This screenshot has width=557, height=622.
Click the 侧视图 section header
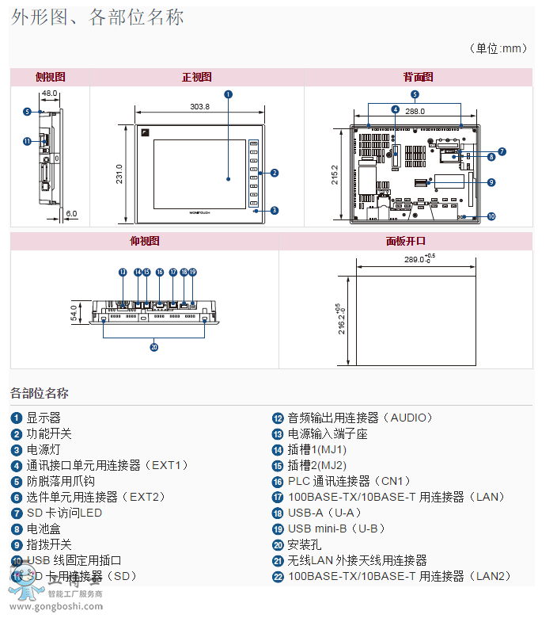click(x=50, y=77)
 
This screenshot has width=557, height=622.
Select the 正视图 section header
click(x=196, y=77)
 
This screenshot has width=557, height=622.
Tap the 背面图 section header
click(x=418, y=77)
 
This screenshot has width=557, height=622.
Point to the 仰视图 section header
click(x=144, y=241)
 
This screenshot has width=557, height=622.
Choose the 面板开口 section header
click(x=405, y=241)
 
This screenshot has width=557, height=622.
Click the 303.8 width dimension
click(x=199, y=107)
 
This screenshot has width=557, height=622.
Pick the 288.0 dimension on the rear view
click(x=415, y=112)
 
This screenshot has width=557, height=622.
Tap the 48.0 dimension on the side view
click(x=49, y=93)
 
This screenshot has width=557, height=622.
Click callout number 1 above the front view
click(x=228, y=93)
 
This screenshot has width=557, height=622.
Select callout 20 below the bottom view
click(x=154, y=345)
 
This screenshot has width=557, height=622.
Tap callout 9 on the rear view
click(x=491, y=182)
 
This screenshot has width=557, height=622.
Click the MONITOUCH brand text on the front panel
click(x=200, y=214)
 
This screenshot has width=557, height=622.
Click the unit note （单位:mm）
click(x=498, y=48)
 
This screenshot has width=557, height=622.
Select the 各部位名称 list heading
click(x=40, y=393)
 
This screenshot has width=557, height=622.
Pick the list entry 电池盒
click(x=44, y=529)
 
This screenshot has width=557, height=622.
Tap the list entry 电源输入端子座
click(x=328, y=433)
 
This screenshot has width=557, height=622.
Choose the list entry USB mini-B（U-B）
click(x=336, y=529)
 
